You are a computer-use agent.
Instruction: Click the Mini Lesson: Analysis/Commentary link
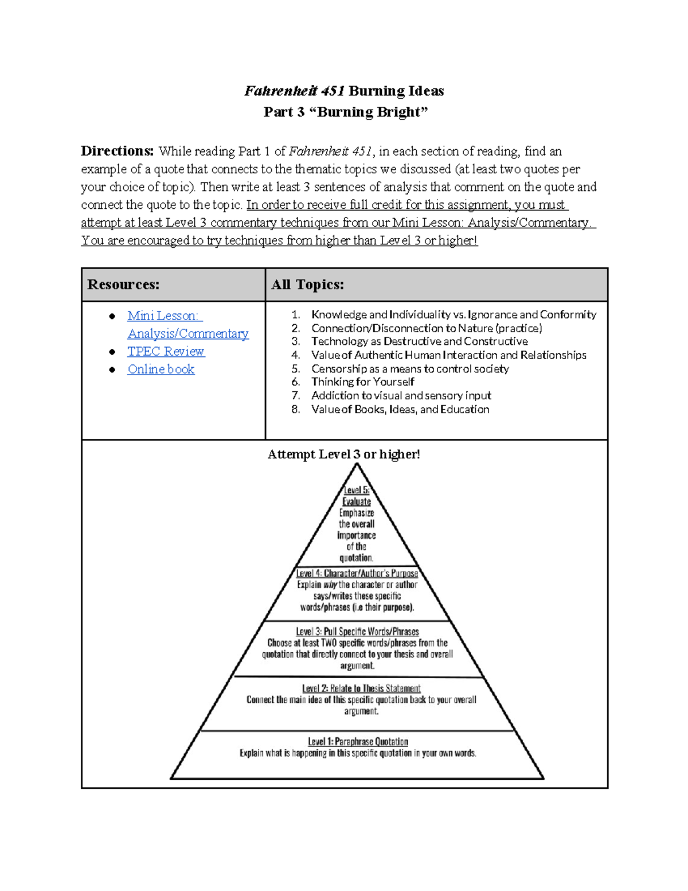[187, 325]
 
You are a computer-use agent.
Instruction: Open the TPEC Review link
[166, 351]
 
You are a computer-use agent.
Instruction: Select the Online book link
[161, 369]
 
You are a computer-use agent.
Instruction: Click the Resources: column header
[123, 285]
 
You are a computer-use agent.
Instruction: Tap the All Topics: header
[307, 285]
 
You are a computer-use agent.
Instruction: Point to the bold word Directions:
[118, 151]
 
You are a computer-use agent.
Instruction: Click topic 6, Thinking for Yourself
[362, 382]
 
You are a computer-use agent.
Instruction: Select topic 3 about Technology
[419, 341]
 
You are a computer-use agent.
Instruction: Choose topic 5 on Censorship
[410, 369]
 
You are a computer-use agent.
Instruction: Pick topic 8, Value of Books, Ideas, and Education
[400, 410]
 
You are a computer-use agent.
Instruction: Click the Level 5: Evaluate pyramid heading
[357, 496]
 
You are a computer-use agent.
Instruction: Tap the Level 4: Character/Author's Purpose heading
[357, 573]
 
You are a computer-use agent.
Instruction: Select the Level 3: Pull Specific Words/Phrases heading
[357, 631]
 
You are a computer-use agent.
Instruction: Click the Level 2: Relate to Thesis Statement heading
[361, 688]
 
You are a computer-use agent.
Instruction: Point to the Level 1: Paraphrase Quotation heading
[358, 742]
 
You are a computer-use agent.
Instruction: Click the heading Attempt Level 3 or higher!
[344, 454]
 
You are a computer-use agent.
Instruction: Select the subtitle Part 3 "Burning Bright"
[345, 112]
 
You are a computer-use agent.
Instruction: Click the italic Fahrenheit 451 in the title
[294, 91]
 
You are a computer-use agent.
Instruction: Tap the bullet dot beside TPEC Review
[112, 352]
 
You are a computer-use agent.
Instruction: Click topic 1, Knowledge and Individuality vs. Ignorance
[454, 314]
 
